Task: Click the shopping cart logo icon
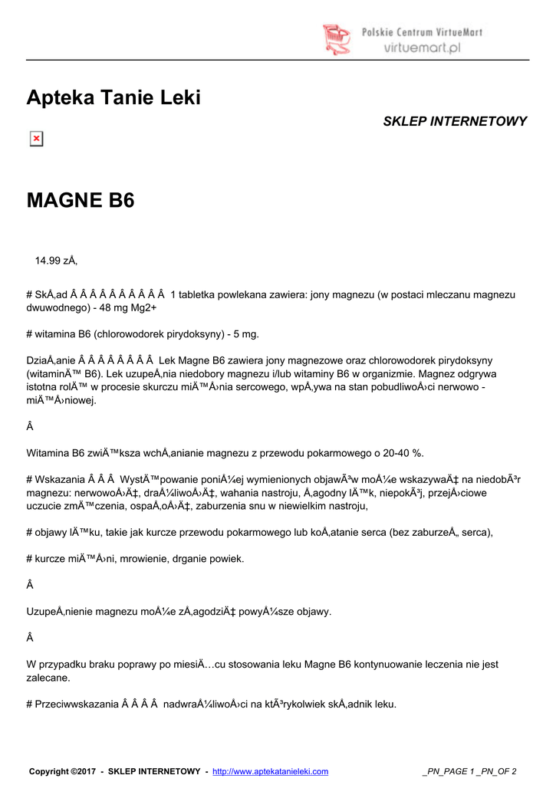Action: point(336,38)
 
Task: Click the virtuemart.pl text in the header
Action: point(422,48)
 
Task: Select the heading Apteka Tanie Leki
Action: point(114,98)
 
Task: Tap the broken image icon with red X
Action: point(36,139)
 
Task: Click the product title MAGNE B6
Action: point(81,201)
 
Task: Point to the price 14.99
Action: point(48,261)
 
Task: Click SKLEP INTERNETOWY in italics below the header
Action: point(455,122)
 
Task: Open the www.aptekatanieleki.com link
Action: point(270,771)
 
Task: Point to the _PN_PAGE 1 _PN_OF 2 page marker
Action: point(469,771)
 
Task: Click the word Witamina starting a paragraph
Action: point(50,452)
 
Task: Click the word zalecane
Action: point(48,678)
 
